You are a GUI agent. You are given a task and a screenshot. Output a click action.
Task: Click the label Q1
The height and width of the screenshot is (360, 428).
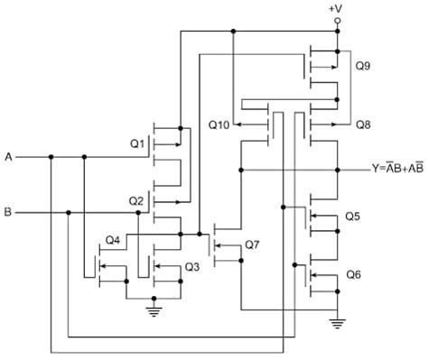pos(137,143)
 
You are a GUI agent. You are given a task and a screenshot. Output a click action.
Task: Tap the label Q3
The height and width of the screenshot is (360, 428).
pos(191,266)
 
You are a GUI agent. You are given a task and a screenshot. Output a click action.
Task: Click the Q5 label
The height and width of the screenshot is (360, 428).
pos(353,217)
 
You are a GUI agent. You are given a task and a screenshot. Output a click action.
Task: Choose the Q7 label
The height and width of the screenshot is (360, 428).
pos(252,245)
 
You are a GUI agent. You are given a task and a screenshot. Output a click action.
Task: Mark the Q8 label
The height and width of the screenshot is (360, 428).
pos(363,123)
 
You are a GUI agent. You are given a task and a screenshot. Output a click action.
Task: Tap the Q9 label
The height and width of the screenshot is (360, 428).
pos(363,66)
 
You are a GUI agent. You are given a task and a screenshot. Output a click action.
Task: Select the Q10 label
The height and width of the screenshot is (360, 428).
pos(219,123)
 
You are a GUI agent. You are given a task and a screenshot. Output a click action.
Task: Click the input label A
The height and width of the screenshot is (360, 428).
pos(9,157)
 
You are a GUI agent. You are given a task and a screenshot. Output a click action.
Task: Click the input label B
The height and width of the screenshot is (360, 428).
pos(9,213)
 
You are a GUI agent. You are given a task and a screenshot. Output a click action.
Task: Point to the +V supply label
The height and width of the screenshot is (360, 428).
pos(338,7)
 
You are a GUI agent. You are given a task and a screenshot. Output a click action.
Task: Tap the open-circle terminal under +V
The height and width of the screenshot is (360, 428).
pos(338,19)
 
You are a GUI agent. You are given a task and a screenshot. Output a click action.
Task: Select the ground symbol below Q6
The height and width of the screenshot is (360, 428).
pos(338,319)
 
